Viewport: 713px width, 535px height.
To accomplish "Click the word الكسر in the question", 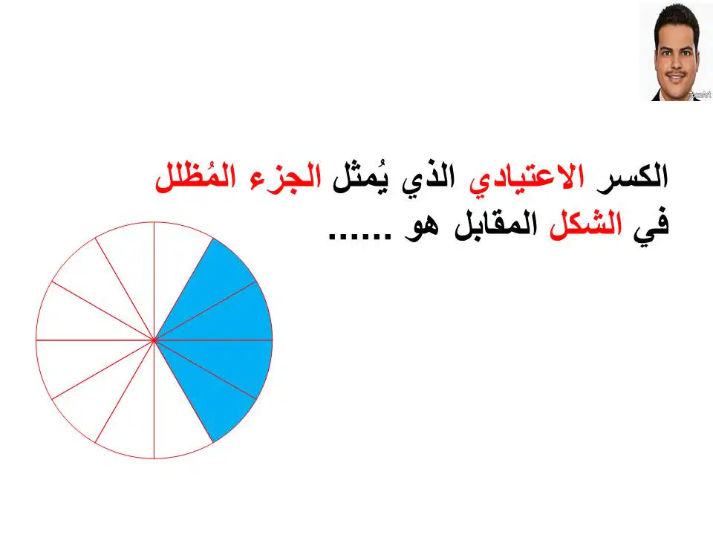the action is click(x=632, y=176).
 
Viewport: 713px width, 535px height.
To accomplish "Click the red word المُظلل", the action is click(x=195, y=175).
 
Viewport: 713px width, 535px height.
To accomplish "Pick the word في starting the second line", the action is click(x=652, y=226).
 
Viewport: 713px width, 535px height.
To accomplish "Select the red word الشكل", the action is click(x=586, y=224).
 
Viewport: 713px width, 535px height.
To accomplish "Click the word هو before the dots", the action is click(x=422, y=227).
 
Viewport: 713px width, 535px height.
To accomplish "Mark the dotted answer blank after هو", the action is click(x=359, y=236).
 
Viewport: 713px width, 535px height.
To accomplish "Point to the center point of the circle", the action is click(x=154, y=340).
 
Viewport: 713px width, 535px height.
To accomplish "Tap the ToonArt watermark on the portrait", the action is click(x=700, y=95).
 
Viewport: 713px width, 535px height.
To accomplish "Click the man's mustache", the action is click(x=676, y=74).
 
